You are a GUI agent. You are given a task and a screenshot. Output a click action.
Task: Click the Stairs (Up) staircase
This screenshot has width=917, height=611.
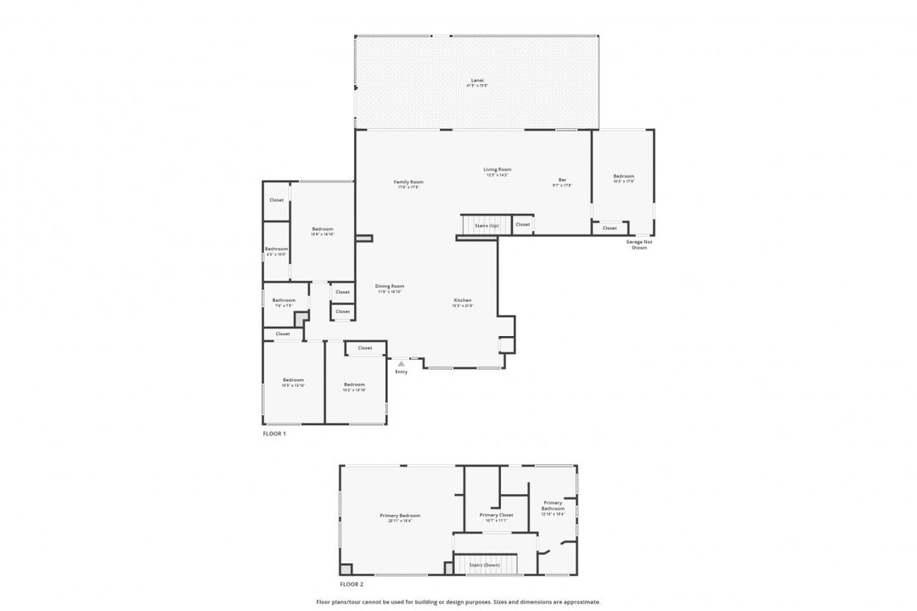point(486,225)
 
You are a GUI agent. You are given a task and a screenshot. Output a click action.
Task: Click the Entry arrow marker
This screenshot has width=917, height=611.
point(402,363)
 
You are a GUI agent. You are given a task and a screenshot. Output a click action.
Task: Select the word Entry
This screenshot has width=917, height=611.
point(402,372)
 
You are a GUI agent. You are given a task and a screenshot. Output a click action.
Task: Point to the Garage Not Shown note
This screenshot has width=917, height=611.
point(639,245)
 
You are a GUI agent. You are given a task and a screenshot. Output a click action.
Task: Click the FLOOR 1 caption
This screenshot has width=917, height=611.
point(274,434)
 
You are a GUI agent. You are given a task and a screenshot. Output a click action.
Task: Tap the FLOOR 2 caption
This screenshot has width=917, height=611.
point(352,585)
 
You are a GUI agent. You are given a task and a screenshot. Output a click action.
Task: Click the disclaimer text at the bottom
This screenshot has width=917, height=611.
point(458,602)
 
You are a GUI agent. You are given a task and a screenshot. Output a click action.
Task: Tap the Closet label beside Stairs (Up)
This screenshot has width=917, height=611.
point(522,224)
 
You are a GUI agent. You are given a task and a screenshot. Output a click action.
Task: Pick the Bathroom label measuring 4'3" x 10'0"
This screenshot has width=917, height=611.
point(276,250)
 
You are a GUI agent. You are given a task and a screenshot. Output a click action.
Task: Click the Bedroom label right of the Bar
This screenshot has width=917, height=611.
point(623,178)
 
